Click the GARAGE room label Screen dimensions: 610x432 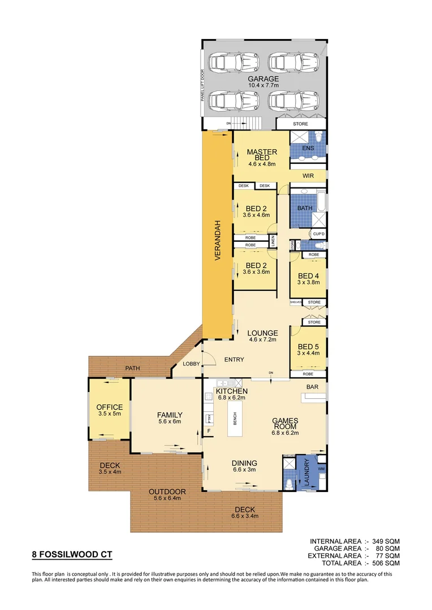[263, 79]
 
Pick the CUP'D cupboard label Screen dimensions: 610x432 [318, 234]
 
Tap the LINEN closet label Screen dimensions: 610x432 [273, 241]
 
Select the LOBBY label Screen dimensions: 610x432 [191, 364]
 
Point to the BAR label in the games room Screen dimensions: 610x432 [312, 387]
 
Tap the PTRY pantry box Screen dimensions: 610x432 [209, 419]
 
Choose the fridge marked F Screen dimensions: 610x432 [209, 432]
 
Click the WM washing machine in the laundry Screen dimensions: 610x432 [321, 469]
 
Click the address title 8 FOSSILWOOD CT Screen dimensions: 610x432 [72, 555]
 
